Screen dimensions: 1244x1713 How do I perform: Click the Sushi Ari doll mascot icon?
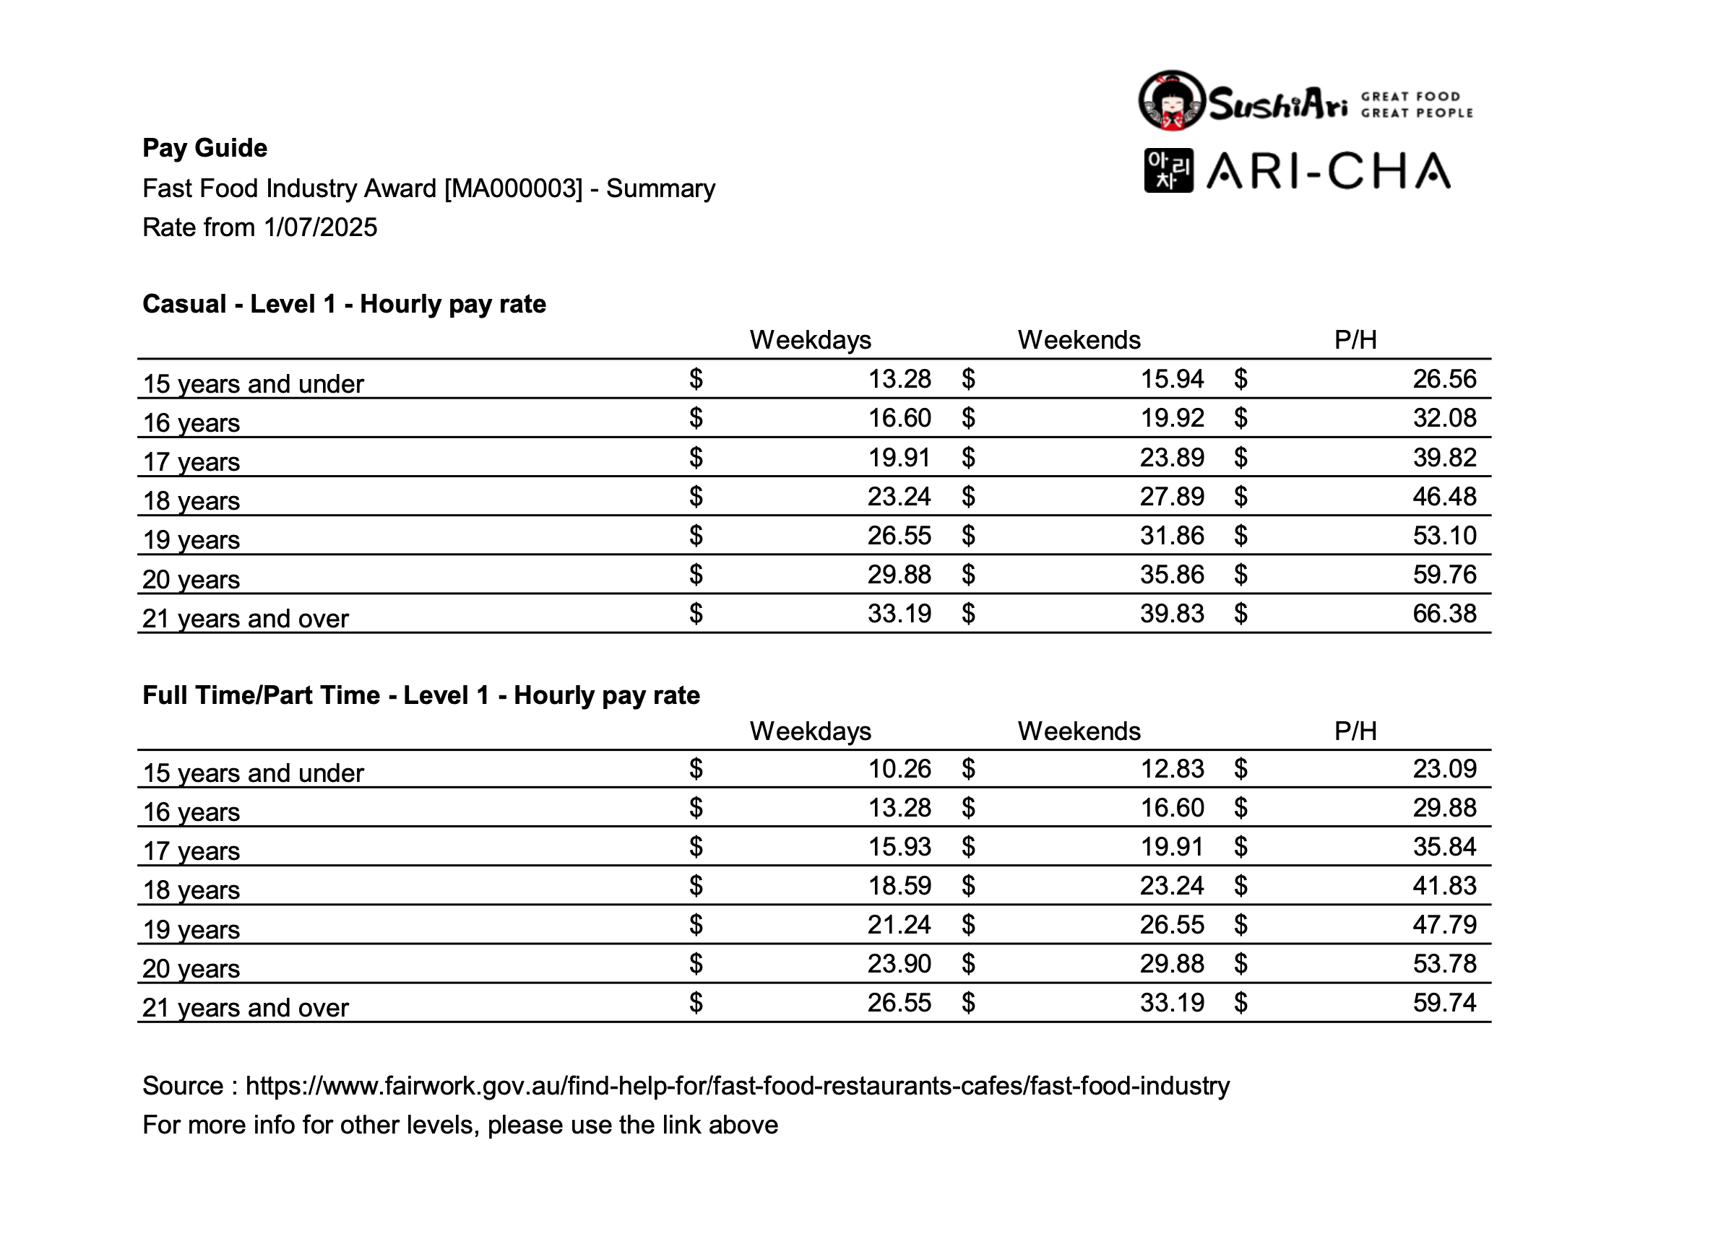coord(1171,100)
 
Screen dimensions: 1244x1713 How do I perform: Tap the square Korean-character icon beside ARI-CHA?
coord(1168,170)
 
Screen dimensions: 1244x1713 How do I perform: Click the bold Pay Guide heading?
coord(204,148)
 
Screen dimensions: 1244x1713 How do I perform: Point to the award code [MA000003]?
coord(514,188)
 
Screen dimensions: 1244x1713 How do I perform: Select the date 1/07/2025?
coord(320,227)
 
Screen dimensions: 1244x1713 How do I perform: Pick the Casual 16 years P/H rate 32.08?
coord(1444,418)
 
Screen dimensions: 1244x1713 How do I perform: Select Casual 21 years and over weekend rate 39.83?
coord(1171,614)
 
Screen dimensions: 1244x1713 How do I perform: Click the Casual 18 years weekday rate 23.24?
coord(899,497)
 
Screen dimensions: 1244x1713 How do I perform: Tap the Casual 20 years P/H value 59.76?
coord(1444,575)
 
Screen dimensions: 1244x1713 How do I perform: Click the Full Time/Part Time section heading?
coord(420,695)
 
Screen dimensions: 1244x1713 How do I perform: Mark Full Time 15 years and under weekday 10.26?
coord(899,768)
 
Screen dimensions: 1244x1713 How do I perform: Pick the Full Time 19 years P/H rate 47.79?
coord(1444,925)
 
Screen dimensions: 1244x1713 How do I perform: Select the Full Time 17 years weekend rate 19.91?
coord(1171,847)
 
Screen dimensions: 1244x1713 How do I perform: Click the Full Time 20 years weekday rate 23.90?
coord(899,964)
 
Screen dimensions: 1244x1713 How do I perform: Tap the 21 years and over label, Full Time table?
coord(246,1008)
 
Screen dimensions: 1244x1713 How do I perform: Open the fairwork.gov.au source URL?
coord(737,1085)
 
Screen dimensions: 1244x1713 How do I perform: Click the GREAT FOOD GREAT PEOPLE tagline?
coord(1416,105)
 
